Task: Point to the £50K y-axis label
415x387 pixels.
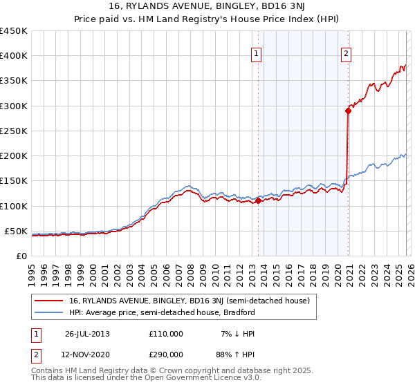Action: (16, 231)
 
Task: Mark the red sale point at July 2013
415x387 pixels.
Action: (258, 201)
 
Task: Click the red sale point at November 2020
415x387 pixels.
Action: (348, 111)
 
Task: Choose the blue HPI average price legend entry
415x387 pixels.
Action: (162, 312)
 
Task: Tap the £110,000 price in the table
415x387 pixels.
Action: (166, 334)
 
